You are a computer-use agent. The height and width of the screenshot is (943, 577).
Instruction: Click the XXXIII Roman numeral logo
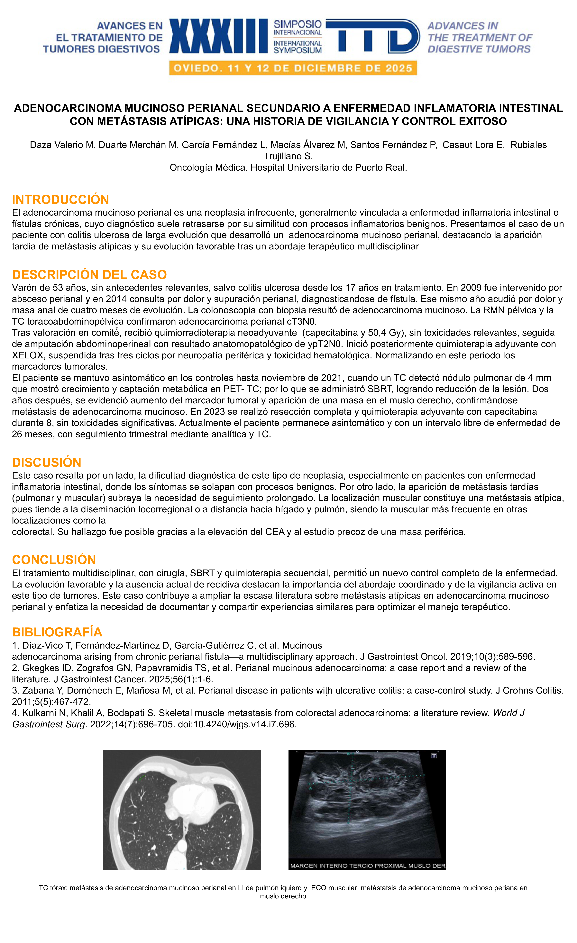coord(218,36)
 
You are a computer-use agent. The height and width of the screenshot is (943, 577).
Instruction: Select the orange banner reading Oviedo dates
coord(293,68)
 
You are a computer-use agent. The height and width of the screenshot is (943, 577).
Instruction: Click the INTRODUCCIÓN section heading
coord(60,199)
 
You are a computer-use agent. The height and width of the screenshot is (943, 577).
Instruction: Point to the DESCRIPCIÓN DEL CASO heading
coord(89,274)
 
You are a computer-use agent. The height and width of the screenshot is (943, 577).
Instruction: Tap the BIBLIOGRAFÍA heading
coord(57,632)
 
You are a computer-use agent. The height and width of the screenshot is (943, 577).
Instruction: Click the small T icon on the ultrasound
coord(434,756)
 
